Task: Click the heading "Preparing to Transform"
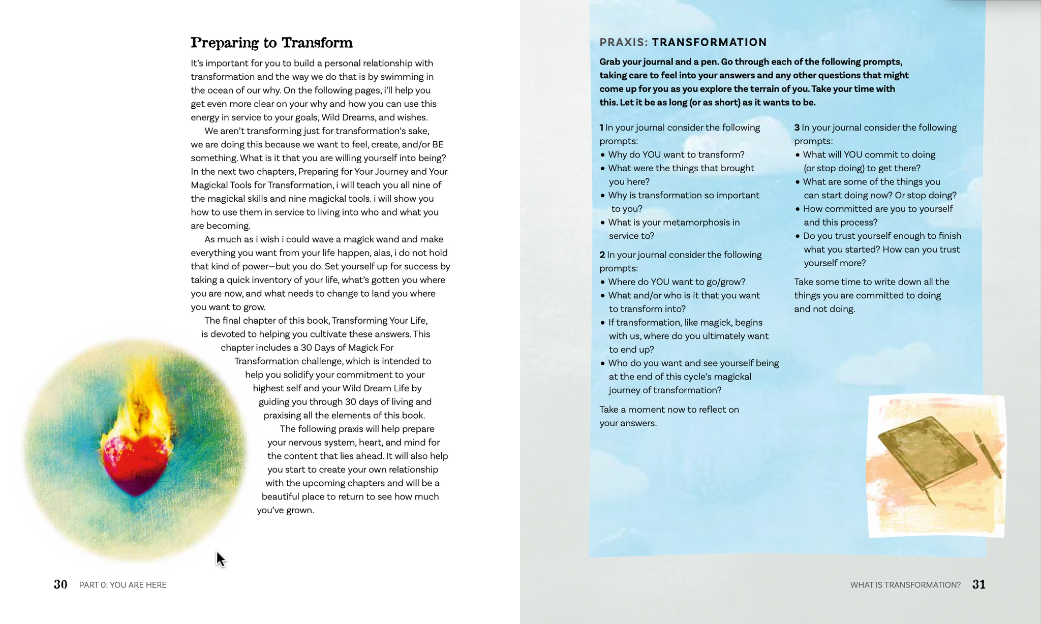coord(271,43)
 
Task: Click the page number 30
coord(60,584)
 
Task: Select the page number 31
coord(979,584)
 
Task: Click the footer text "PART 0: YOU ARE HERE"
coord(123,585)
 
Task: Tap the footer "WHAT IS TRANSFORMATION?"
coord(905,585)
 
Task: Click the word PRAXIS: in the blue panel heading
coord(624,42)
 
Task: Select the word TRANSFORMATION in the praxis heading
coord(710,42)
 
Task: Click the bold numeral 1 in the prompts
coord(601,128)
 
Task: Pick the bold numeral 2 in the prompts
coord(602,255)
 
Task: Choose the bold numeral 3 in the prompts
coord(797,128)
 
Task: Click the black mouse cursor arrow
coord(220,559)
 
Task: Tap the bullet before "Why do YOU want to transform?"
coord(603,155)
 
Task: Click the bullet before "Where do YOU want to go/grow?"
coord(603,282)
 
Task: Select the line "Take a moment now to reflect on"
coord(669,410)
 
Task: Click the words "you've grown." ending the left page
coord(285,510)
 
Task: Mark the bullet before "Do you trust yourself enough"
coord(798,236)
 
